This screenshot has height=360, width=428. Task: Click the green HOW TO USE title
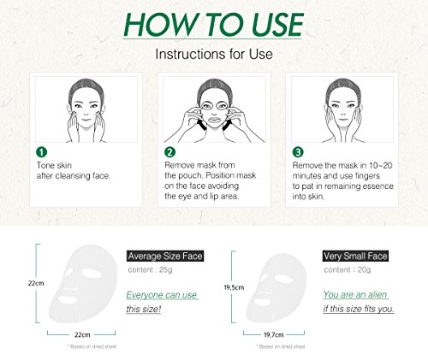(213, 24)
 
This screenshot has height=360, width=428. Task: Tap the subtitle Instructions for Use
(214, 54)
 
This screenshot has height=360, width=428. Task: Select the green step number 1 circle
(41, 152)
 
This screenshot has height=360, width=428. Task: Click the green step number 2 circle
(169, 152)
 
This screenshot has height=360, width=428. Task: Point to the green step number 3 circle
(298, 152)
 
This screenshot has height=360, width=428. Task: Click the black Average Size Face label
(165, 256)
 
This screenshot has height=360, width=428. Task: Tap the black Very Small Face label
(356, 256)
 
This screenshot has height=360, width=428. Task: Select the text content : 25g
(150, 269)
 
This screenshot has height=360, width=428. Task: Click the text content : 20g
(348, 269)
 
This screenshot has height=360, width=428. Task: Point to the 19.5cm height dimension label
(234, 287)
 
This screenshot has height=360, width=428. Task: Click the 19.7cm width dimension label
(274, 334)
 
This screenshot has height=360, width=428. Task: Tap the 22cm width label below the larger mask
(82, 334)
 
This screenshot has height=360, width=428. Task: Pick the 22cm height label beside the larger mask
(36, 283)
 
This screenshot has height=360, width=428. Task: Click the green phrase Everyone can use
(162, 295)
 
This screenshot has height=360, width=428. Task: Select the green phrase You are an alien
(355, 294)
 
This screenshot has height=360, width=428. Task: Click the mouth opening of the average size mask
(68, 300)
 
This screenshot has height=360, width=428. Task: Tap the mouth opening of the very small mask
(262, 302)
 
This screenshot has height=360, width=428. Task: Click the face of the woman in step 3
(343, 109)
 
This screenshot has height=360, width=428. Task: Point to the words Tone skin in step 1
(54, 165)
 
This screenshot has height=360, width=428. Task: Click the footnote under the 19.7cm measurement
(281, 346)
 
